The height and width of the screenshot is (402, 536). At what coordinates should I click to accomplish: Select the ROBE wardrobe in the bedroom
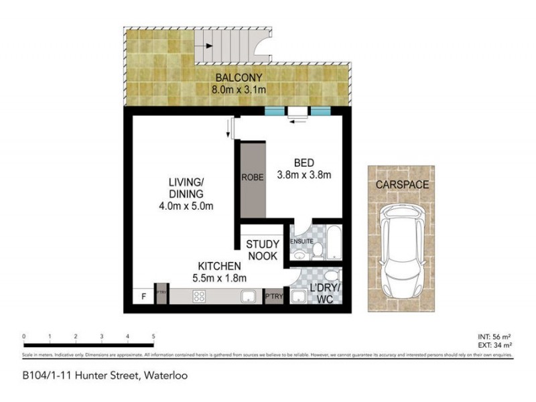tap(251, 178)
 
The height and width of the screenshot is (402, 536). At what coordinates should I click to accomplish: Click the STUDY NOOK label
tap(262, 249)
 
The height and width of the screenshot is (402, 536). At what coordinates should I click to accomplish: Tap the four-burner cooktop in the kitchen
tap(200, 298)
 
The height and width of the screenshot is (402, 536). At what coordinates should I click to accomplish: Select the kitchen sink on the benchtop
tap(248, 297)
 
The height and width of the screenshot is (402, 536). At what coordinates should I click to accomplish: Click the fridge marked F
tap(141, 295)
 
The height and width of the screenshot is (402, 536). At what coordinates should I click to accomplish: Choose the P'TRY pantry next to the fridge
tap(161, 295)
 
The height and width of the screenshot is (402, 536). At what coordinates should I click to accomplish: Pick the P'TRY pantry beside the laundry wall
tap(273, 296)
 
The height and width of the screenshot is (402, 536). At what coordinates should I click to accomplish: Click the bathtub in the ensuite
tap(335, 245)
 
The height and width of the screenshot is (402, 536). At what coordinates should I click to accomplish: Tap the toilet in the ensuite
tap(318, 251)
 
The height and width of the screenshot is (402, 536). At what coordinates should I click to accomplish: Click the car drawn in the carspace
tap(401, 253)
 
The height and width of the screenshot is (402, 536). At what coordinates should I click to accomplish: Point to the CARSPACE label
tap(402, 184)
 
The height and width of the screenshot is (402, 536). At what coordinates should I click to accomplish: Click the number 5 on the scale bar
tap(154, 336)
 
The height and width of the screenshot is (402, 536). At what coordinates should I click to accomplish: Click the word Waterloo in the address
tap(161, 376)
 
